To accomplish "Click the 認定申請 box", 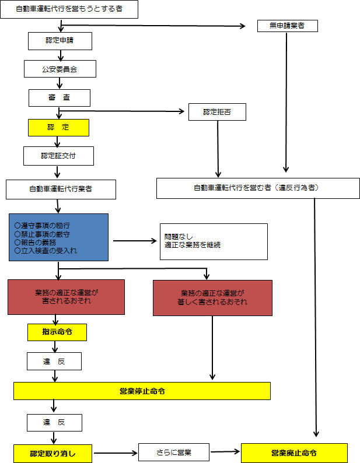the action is tap(60, 41).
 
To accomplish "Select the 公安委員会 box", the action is tap(60, 69).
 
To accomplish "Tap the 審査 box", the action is tap(60, 98).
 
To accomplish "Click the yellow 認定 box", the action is tap(58, 128).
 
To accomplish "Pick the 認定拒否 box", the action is tap(217, 112).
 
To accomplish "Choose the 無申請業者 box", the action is tap(288, 26).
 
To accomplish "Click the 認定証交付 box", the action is tap(58, 156).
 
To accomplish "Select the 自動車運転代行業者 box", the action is tap(61, 190).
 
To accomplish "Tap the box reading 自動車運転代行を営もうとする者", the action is tap(69, 9).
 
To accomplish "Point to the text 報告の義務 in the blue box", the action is tap(39, 243).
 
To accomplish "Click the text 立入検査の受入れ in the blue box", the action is tap(49, 251).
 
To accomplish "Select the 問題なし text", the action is tap(179, 237).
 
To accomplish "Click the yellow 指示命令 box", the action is tap(57, 332).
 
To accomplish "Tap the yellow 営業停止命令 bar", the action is tap(142, 391).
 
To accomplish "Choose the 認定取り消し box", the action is tap(53, 454).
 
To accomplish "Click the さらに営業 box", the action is tap(174, 453).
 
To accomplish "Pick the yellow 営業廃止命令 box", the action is tap(295, 453).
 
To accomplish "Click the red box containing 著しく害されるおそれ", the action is tap(212, 298).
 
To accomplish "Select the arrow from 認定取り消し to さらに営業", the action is tap(116, 453).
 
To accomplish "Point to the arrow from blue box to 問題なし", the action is tap(135, 241).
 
